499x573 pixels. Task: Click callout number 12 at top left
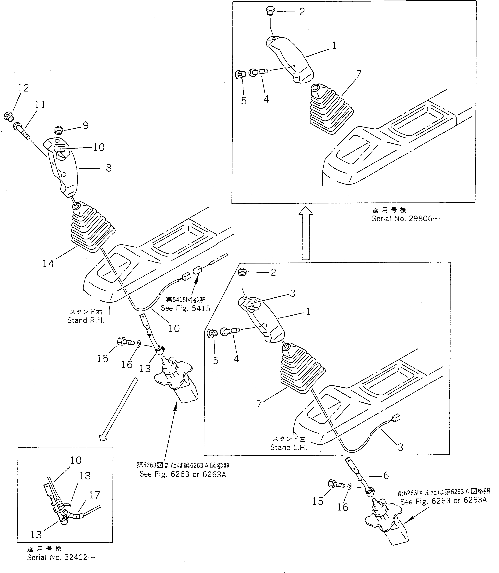tap(23, 88)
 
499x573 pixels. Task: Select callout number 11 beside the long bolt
tap(40, 105)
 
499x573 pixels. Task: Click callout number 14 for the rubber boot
tap(48, 263)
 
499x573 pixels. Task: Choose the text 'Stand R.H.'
tap(86, 320)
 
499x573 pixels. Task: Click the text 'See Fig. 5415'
tap(185, 308)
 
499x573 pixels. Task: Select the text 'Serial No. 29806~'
tap(406, 219)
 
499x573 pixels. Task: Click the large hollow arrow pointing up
tap(305, 233)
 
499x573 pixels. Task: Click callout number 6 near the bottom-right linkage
tap(386, 475)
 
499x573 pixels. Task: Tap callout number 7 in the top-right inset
tap(359, 74)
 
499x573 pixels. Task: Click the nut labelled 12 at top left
tap(9, 116)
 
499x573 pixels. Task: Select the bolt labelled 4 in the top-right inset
tap(258, 72)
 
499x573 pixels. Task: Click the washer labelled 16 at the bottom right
tap(350, 486)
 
